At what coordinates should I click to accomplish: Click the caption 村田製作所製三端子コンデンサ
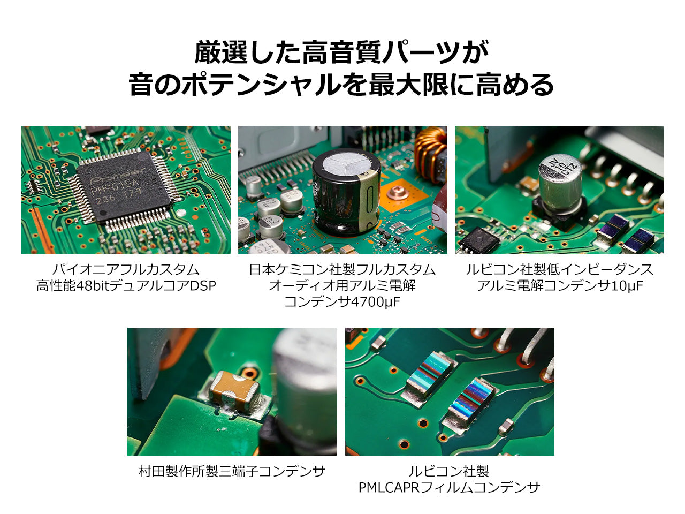click(x=232, y=472)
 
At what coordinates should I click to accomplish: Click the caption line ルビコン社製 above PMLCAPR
click(x=449, y=472)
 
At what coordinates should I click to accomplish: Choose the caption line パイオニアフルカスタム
click(x=126, y=270)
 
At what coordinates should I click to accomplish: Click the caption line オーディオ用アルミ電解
click(x=342, y=286)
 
